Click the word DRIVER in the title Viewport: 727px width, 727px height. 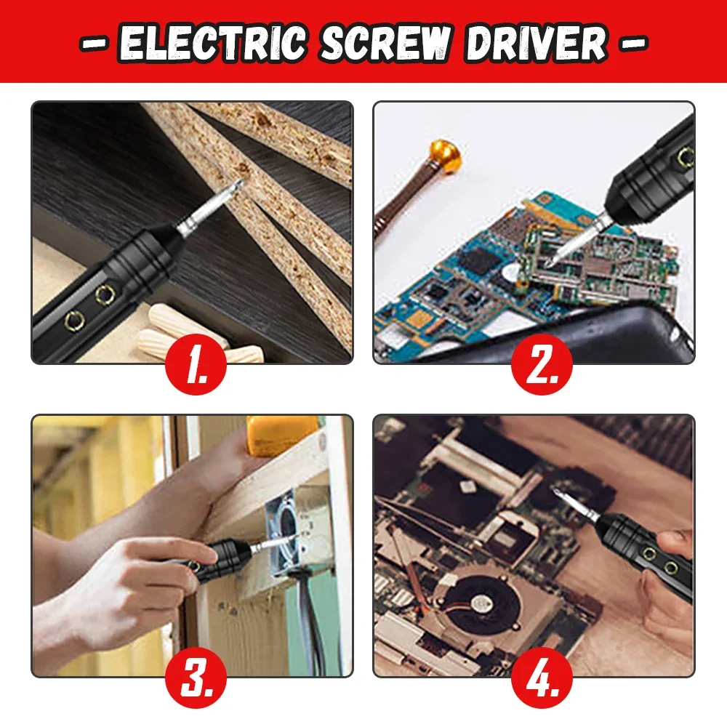coord(537,43)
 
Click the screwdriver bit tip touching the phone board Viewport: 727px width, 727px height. coord(553,258)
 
